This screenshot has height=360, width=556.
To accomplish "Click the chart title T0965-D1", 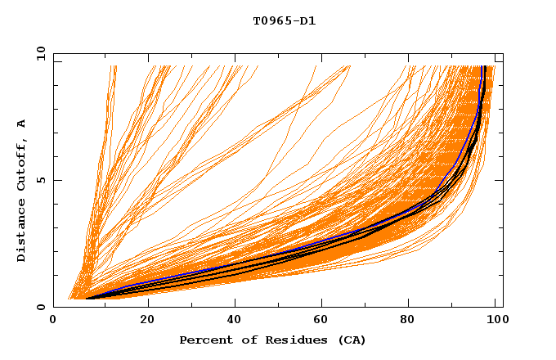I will coord(284,20).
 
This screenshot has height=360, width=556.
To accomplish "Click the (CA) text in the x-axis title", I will coord(352,340).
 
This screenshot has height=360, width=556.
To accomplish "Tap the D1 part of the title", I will coord(307,20).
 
